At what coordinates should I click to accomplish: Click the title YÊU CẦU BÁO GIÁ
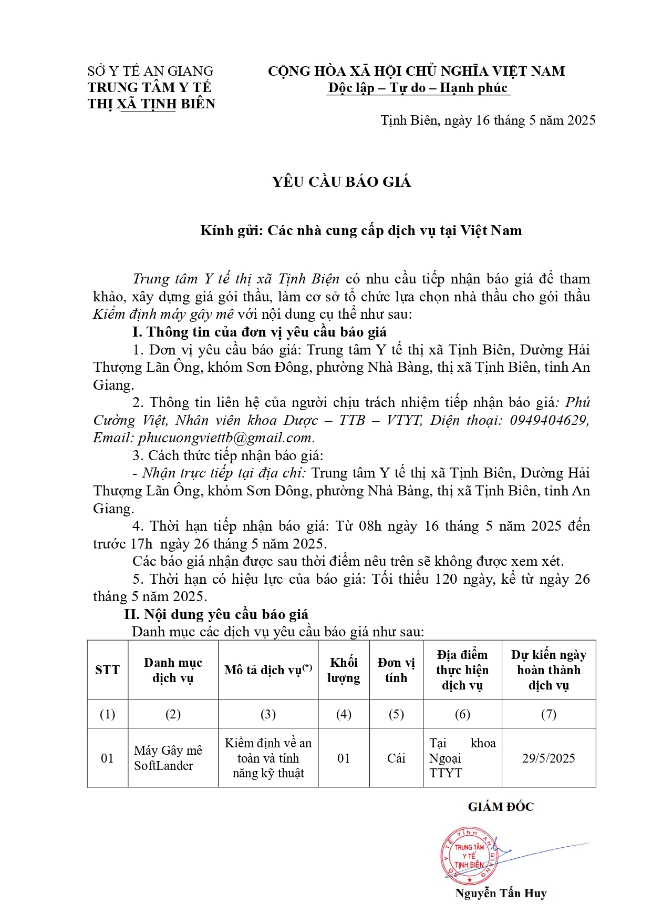click(341, 182)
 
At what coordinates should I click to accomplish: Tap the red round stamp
click(469, 856)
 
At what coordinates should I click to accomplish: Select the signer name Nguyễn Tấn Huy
click(501, 893)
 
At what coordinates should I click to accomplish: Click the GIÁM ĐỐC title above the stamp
click(501, 807)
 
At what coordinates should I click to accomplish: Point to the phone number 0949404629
click(549, 420)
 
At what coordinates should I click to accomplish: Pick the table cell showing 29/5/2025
click(548, 758)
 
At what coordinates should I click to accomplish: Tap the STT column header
click(107, 670)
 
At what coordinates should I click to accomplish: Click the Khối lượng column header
click(344, 670)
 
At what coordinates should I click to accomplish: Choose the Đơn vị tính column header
click(396, 670)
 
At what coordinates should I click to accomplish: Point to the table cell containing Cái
click(396, 758)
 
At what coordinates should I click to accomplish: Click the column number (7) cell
click(548, 714)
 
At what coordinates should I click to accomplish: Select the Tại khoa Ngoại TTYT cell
click(462, 758)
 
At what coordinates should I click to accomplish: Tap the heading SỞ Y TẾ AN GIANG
click(150, 71)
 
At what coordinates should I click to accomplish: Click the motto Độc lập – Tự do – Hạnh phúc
click(418, 88)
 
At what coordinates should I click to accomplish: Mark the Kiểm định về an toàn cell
click(268, 758)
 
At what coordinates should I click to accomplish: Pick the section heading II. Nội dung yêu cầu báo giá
click(216, 614)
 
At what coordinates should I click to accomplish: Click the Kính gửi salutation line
click(361, 230)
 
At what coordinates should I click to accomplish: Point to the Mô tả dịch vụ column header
click(268, 670)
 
